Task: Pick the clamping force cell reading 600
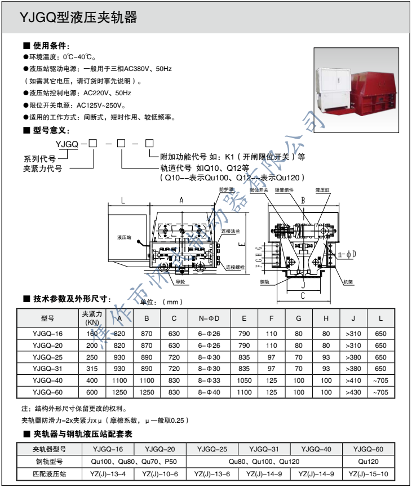pyautogui.click(x=92, y=392)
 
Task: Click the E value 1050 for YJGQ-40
pyautogui.click(x=244, y=380)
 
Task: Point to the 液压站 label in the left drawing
pyautogui.click(x=125, y=238)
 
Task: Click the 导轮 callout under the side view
pyautogui.click(x=180, y=280)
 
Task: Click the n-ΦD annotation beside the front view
pyautogui.click(x=347, y=254)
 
